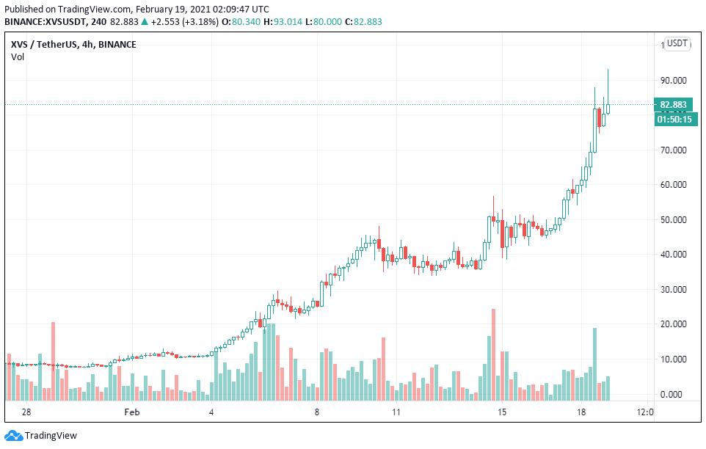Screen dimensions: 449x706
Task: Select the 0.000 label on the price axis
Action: [674, 394]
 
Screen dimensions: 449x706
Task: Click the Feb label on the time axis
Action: [131, 412]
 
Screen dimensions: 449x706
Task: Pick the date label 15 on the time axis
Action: [502, 412]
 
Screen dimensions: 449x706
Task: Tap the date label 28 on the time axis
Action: [26, 412]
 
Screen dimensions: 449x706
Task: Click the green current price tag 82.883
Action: [673, 105]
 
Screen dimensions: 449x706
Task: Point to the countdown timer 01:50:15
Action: [674, 119]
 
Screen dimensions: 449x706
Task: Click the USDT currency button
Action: [677, 43]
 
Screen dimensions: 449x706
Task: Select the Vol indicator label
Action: [17, 57]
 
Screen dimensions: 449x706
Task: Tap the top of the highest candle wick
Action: [608, 70]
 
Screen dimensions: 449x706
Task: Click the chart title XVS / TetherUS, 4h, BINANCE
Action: [73, 44]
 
